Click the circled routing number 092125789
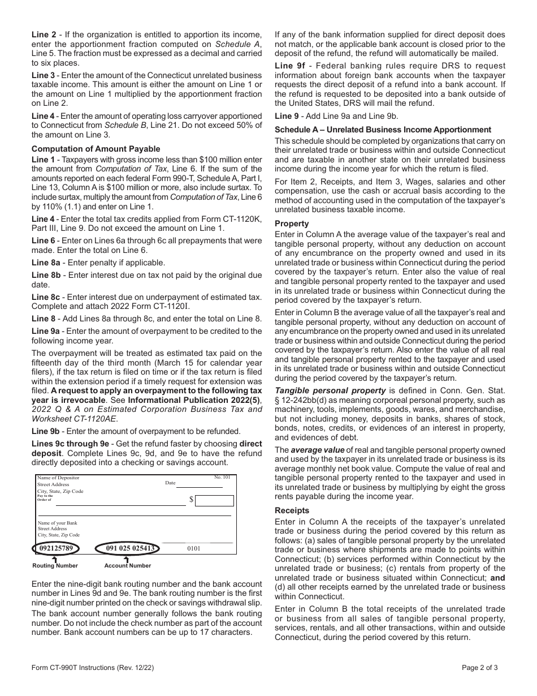56,548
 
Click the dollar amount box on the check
214,500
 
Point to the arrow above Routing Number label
55,559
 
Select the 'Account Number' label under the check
128,565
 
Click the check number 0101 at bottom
193,548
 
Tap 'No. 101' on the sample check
222,478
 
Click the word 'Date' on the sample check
170,483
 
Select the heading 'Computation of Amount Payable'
96,149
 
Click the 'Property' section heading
292,224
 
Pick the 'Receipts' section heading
292,511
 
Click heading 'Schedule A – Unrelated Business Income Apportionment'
383,130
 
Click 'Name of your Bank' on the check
57,523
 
